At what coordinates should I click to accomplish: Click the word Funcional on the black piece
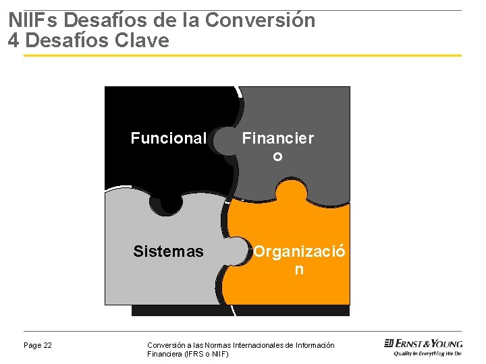pyautogui.click(x=168, y=139)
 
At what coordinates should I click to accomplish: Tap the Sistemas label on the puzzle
pyautogui.click(x=168, y=252)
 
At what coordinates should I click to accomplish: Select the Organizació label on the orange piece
pyautogui.click(x=300, y=252)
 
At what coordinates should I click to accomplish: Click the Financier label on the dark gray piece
pyautogui.click(x=278, y=139)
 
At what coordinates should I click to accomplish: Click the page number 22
pyautogui.click(x=47, y=346)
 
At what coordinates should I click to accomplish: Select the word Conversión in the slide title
pyautogui.click(x=260, y=20)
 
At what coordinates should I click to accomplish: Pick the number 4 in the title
pyautogui.click(x=14, y=40)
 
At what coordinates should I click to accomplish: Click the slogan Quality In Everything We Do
pyautogui.click(x=427, y=353)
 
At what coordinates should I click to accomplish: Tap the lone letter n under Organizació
pyautogui.click(x=299, y=270)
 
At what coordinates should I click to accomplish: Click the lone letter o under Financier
pyautogui.click(x=277, y=157)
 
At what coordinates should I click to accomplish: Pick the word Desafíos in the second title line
pyautogui.click(x=67, y=40)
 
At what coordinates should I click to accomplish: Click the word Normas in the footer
pyautogui.click(x=205, y=345)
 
